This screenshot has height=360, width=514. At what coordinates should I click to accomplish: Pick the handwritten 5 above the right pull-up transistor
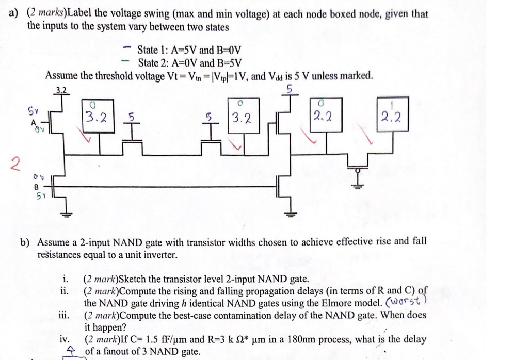point(290,89)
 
